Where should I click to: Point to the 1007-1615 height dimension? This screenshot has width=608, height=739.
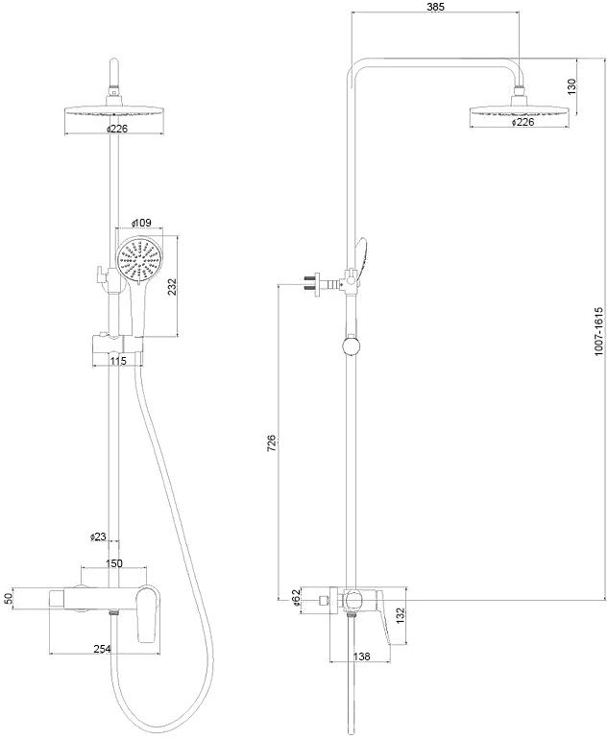[597, 331]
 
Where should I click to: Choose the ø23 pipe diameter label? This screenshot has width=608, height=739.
[98, 536]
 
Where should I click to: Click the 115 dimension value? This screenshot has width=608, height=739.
[119, 361]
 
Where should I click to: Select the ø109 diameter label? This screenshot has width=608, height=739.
[141, 224]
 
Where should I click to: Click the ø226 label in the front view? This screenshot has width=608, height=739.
[116, 128]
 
